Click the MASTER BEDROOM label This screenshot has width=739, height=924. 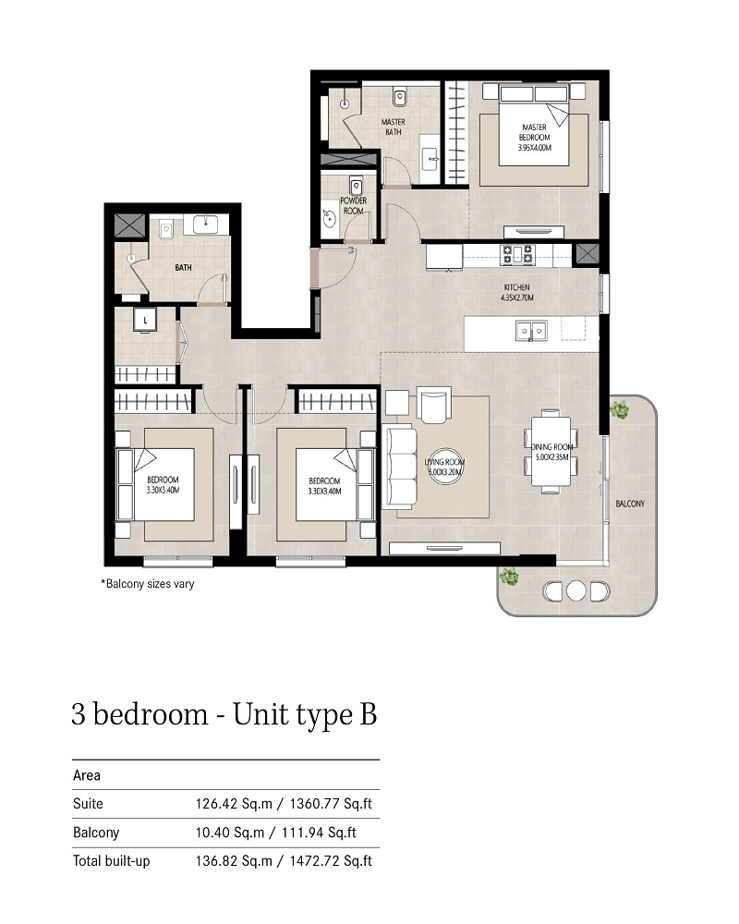(535, 137)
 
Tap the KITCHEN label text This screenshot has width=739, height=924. (516, 293)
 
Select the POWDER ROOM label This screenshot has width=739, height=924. (354, 205)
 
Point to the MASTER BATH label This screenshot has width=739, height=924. (394, 127)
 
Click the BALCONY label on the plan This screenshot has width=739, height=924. (630, 504)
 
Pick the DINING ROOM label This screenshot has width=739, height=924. (553, 452)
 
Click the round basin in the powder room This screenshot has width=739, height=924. (332, 219)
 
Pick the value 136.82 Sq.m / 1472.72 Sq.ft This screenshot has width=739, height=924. (283, 861)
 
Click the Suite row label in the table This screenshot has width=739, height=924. (88, 804)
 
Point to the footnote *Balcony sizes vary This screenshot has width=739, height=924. (148, 584)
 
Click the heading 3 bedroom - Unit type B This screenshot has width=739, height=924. (224, 715)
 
